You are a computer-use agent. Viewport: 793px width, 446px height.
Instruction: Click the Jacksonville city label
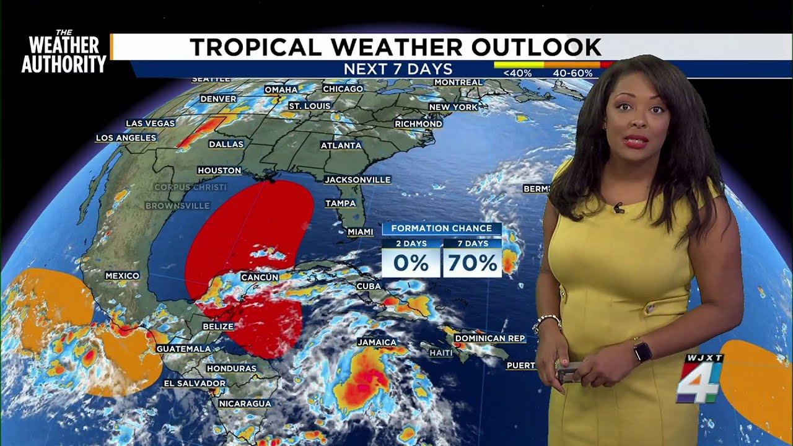358,180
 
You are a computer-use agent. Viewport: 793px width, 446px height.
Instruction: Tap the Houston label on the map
219,170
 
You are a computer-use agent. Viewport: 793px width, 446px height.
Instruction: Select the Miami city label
360,232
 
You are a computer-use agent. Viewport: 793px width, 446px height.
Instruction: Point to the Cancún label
260,278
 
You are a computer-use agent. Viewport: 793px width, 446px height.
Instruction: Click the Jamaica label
377,342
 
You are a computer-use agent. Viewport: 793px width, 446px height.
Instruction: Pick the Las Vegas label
151,123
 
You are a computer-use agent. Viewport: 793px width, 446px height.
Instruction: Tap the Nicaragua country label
245,403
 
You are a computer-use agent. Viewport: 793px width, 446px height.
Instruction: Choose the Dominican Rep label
489,338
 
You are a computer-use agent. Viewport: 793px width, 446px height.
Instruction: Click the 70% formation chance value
472,263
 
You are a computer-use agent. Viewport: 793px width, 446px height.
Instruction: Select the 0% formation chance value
411,263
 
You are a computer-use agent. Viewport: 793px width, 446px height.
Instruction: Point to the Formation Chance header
441,229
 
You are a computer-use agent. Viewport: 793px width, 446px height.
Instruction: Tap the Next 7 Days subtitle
398,69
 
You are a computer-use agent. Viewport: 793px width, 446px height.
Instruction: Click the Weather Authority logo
64,52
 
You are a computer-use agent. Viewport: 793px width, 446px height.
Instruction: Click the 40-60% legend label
572,73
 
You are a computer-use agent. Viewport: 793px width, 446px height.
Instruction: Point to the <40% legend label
517,73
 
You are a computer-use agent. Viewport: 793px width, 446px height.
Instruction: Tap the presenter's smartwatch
642,352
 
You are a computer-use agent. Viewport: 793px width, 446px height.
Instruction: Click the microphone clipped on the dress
618,208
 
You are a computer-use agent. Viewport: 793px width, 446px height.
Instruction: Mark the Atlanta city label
341,146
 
